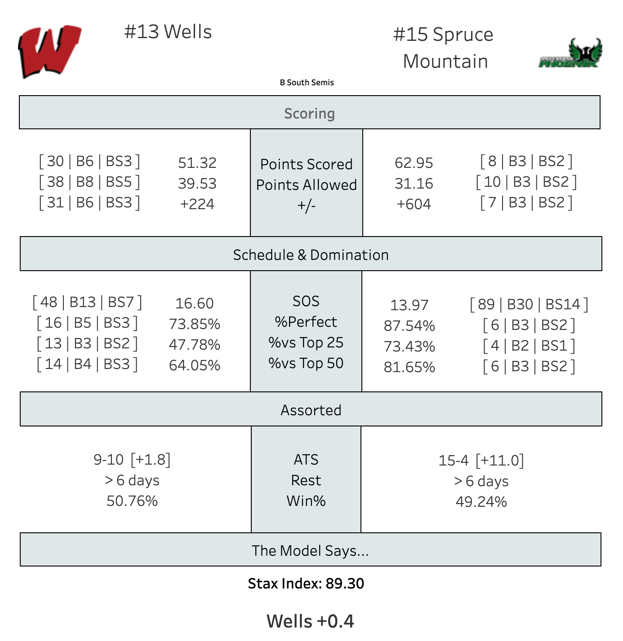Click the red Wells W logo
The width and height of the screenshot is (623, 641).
click(x=49, y=51)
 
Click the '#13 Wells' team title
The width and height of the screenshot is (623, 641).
click(x=168, y=31)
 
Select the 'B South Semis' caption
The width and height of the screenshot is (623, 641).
click(x=307, y=82)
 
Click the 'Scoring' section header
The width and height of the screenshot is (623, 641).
click(x=309, y=113)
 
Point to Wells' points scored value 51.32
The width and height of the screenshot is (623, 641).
click(x=197, y=163)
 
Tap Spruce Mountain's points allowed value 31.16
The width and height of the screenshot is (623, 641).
click(x=414, y=184)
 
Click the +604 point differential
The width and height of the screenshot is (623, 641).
click(x=414, y=204)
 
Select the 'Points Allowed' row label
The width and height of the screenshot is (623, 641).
click(x=307, y=185)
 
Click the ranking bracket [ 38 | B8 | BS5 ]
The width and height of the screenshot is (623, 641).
click(x=89, y=182)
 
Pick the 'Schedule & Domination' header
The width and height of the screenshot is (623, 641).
click(x=311, y=255)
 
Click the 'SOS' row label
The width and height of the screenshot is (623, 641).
click(x=306, y=301)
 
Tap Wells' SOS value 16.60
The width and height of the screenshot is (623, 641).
click(x=194, y=303)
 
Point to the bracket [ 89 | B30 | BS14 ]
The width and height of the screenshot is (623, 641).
click(x=529, y=304)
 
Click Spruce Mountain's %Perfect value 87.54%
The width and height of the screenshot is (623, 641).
click(x=409, y=326)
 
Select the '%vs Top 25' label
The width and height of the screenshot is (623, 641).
click(x=306, y=342)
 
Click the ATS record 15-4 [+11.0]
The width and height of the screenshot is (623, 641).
click(x=481, y=460)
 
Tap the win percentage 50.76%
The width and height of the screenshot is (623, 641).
click(x=132, y=501)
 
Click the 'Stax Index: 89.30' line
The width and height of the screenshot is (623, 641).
click(x=306, y=584)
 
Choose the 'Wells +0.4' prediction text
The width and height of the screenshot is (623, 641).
click(x=310, y=621)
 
